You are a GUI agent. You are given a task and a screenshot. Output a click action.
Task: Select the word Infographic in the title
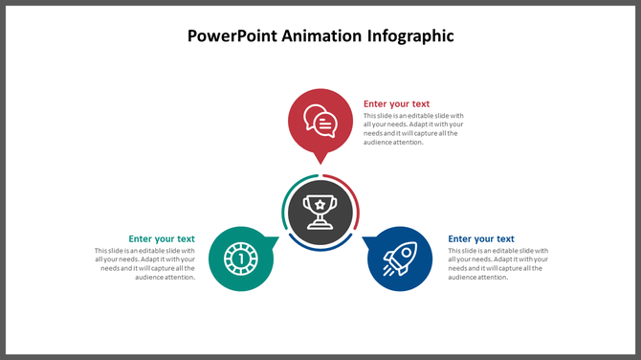[x=409, y=36]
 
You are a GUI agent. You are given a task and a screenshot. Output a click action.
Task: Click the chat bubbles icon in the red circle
[x=320, y=121]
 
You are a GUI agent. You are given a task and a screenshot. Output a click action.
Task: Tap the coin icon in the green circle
[x=240, y=258]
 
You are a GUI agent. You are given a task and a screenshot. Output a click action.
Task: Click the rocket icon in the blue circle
[x=399, y=258]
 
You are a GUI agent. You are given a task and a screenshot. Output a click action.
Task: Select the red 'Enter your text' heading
[x=396, y=103]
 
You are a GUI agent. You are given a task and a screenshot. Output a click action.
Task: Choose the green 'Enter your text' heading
[x=162, y=239]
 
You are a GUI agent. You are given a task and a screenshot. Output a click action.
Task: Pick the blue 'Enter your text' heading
[x=481, y=239]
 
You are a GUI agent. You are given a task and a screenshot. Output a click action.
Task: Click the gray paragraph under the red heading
[x=413, y=129]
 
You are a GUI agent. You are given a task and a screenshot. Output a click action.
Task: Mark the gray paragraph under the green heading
[x=145, y=264]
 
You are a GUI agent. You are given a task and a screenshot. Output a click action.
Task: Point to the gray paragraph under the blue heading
[x=497, y=264]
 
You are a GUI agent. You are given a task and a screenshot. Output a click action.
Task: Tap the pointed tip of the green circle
[x=276, y=239]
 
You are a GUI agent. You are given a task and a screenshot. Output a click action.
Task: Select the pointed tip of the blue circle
[x=365, y=239]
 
